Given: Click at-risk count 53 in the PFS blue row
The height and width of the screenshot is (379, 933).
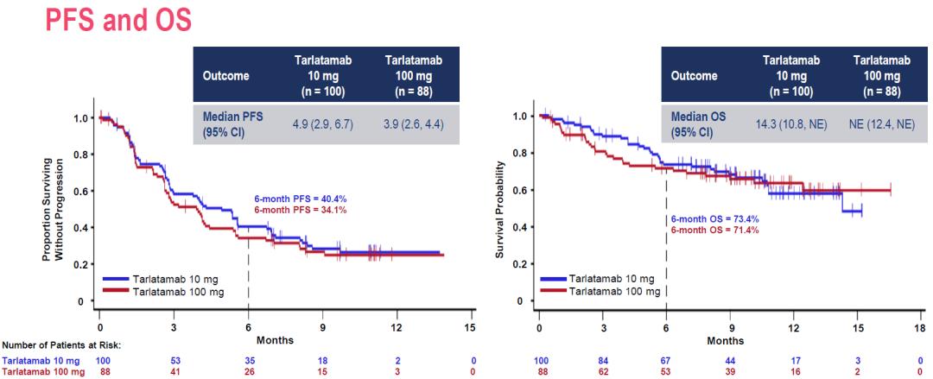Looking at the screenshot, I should (x=175, y=359).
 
